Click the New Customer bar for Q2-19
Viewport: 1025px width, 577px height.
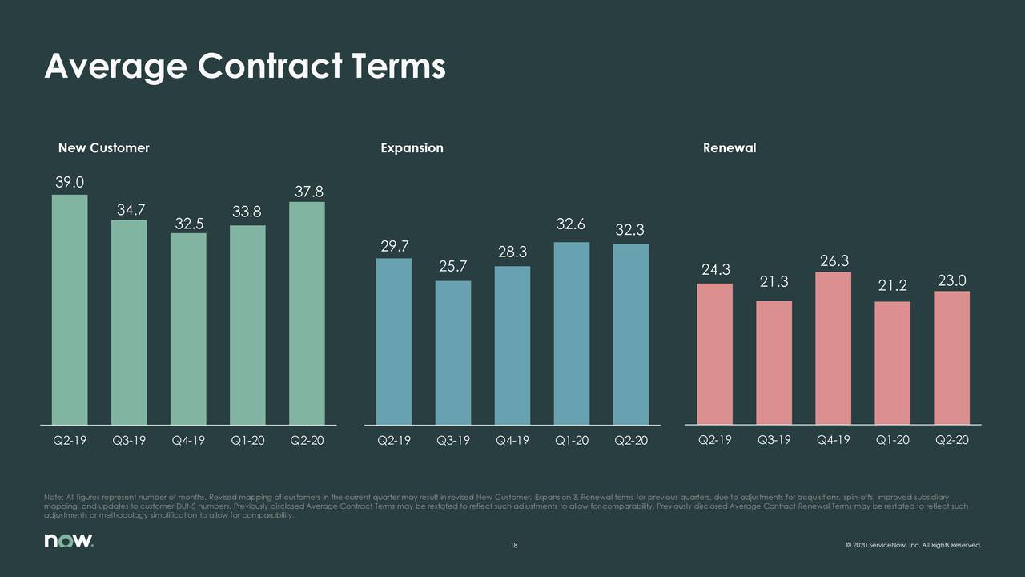[70, 309]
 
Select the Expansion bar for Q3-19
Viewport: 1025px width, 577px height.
[453, 353]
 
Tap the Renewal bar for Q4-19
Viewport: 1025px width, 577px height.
[833, 348]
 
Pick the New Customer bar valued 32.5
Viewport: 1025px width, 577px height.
[188, 329]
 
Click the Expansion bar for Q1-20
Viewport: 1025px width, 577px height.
[572, 333]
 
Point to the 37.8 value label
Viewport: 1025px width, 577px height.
[309, 192]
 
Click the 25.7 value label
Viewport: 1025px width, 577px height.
[452, 266]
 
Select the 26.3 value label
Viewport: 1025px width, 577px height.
[834, 261]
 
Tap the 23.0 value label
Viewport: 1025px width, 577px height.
[951, 280]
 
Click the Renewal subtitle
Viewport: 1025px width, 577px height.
[729, 148]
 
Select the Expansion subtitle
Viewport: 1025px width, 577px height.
[412, 148]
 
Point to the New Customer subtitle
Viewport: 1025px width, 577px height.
[103, 148]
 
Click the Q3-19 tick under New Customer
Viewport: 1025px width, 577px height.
[129, 440]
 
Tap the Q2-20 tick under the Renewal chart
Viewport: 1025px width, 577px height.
[951, 440]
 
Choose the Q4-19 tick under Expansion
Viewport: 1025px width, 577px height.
[512, 440]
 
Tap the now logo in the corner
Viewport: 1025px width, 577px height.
[69, 542]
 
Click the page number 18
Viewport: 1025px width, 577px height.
[514, 547]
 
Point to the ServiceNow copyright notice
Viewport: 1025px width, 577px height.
[912, 547]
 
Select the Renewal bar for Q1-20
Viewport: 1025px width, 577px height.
[892, 362]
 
